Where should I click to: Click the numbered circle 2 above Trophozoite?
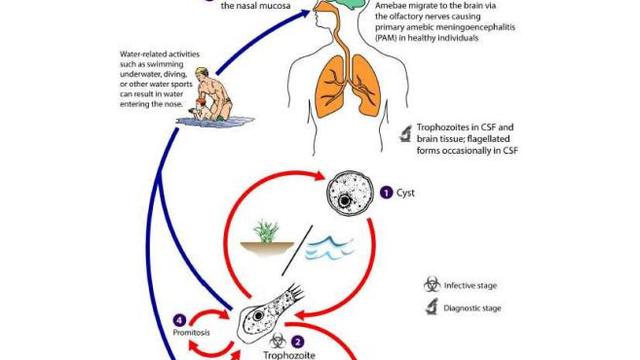296,325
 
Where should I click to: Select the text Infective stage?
475,284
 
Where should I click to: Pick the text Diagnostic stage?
480,306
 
